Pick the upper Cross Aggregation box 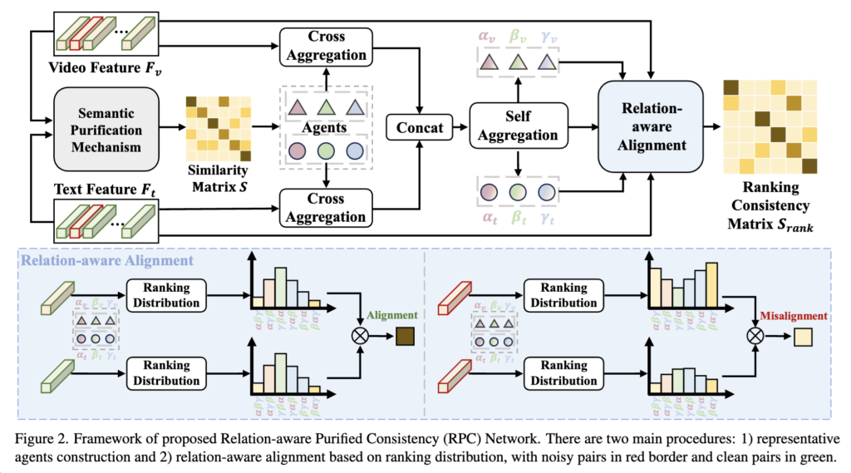[x=324, y=47]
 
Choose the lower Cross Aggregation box [x=324, y=207]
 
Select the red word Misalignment [x=793, y=316]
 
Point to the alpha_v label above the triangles [x=487, y=37]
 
